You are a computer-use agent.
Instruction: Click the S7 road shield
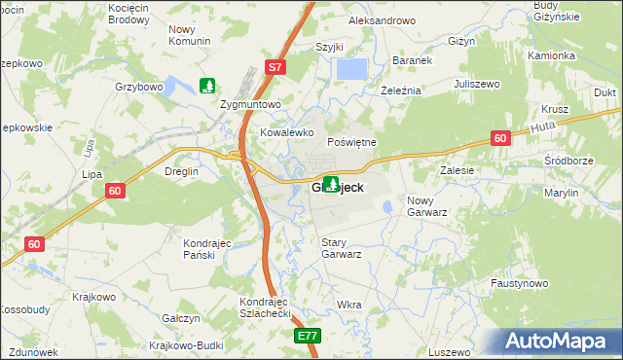pos(275,67)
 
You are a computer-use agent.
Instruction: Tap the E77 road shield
pos(307,336)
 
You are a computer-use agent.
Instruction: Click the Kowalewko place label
pos(284,131)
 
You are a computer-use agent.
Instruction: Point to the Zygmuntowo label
pos(251,104)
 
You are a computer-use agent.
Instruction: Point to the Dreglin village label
pos(181,171)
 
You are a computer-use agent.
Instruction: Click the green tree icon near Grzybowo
pos(207,86)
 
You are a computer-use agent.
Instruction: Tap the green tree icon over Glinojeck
pos(331,183)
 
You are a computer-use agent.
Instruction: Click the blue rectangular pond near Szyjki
pos(351,69)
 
